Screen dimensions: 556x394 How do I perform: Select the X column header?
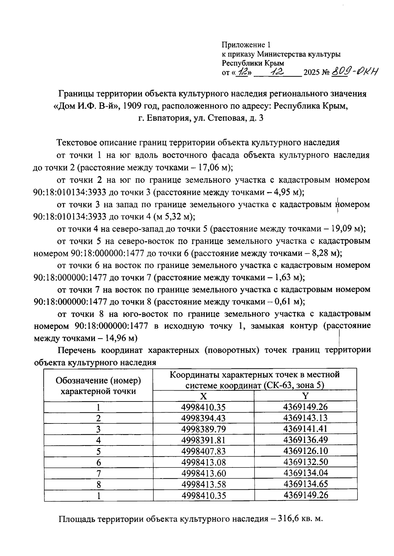click(204, 396)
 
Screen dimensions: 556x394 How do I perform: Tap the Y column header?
click(305, 396)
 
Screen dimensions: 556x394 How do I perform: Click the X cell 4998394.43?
click(204, 418)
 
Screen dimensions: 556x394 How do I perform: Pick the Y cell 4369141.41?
click(305, 429)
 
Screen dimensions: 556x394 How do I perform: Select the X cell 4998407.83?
click(204, 451)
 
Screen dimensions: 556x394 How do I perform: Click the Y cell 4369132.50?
click(305, 462)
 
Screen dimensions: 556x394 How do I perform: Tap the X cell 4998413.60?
click(204, 473)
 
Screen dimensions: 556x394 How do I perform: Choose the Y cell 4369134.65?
click(305, 484)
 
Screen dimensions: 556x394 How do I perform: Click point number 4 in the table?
click(98, 440)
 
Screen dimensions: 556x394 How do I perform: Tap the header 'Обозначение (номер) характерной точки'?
click(98, 385)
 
